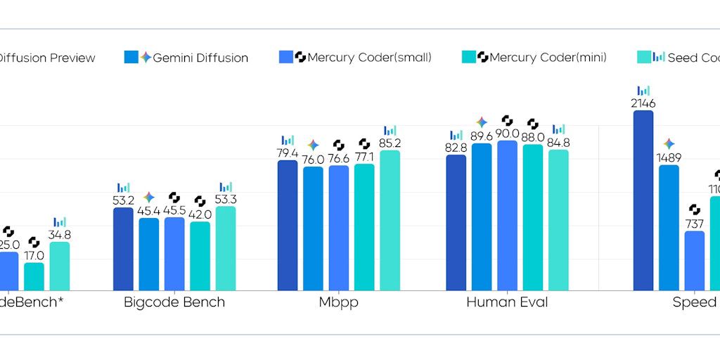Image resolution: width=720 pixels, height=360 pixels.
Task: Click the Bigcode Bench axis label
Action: pos(174,302)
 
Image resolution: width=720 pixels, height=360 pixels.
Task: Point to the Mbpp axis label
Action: pos(339,302)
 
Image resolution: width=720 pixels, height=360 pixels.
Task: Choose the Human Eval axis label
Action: pos(507,302)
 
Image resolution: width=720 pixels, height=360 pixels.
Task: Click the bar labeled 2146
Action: pos(643,200)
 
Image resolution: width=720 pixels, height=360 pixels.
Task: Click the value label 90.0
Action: pos(507,134)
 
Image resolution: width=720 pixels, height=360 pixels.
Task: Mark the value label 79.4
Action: pos(287,153)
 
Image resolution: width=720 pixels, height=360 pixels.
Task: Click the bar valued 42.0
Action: pos(200,256)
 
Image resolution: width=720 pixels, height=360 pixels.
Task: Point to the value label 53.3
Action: pos(225,200)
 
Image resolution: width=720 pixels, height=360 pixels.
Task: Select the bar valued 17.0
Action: pos(34,276)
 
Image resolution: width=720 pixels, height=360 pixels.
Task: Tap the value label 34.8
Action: pos(59,235)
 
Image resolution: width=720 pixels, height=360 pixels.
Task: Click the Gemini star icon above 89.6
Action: pos(482,122)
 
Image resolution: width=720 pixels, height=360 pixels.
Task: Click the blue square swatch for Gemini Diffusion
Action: pos(131,57)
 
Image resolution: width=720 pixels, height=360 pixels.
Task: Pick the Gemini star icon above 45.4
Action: pos(148,197)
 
